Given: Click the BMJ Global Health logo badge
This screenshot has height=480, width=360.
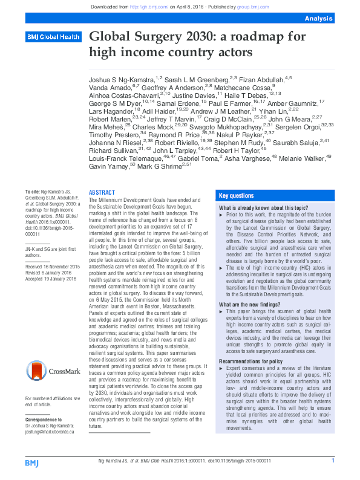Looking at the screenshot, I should (x=53, y=37).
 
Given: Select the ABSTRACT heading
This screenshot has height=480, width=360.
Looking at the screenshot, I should (x=101, y=192).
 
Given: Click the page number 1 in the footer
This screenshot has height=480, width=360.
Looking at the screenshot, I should (x=332, y=461).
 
